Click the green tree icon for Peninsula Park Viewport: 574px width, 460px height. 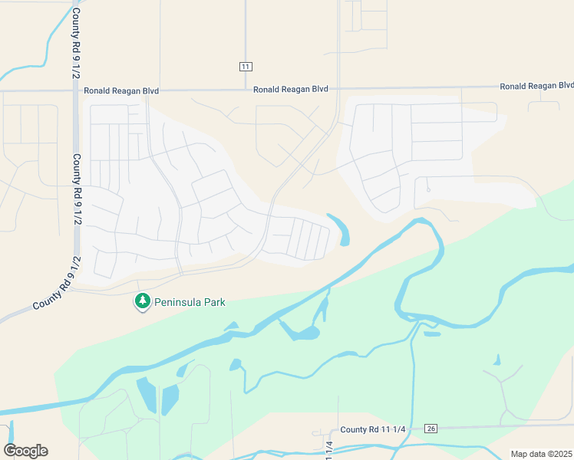142,302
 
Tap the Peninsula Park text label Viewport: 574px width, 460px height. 190,302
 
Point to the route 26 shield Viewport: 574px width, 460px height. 431,429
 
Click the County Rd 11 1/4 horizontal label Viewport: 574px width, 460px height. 372,429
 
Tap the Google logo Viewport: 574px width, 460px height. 25,451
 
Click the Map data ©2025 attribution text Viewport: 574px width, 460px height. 540,454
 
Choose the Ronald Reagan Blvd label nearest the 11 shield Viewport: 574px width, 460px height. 291,90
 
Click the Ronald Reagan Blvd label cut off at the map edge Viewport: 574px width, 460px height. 536,86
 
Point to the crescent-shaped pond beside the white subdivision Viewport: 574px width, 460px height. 341,229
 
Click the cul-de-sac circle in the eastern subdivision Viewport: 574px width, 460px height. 428,189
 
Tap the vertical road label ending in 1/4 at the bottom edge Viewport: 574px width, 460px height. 329,449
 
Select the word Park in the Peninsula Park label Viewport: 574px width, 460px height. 215,302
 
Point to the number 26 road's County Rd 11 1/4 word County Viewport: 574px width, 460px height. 355,429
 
